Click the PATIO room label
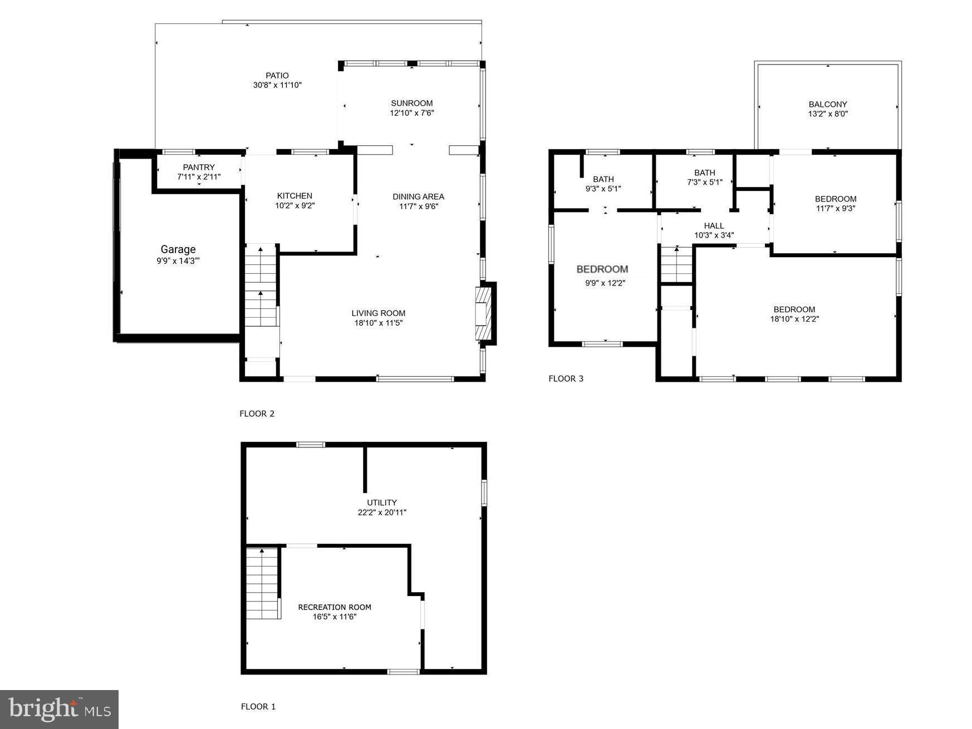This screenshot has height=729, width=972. [x=277, y=76]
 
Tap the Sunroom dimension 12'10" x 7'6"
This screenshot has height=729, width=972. [x=411, y=113]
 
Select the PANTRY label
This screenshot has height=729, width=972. [x=199, y=168]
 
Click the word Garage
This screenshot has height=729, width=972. [x=178, y=249]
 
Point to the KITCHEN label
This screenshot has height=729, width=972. [x=294, y=196]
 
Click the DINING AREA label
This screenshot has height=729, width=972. [x=418, y=196]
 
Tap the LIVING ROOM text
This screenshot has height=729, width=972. [x=378, y=313]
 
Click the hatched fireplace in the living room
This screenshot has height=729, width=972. [x=483, y=313]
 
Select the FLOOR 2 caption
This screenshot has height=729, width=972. [x=257, y=413]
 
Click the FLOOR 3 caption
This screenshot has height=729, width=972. [x=566, y=378]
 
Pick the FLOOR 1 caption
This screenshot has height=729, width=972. [x=258, y=707]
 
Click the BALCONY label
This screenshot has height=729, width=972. [x=827, y=104]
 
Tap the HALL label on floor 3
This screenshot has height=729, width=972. [x=714, y=225]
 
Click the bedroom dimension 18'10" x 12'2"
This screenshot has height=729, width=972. [x=794, y=319]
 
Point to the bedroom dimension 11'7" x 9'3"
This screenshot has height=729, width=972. [x=835, y=209]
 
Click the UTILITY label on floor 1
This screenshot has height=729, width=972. [x=382, y=503]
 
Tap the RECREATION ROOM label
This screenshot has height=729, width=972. [x=334, y=607]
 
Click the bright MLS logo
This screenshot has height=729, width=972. [x=59, y=709]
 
